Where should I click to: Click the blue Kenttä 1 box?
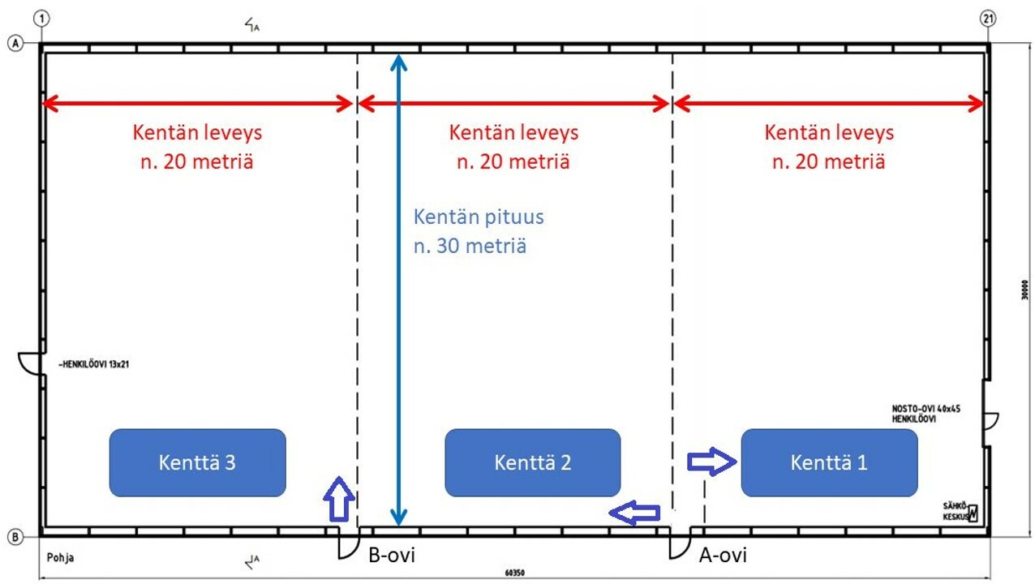coord(829,462)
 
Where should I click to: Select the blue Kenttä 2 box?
coord(533,462)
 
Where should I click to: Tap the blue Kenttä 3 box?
coord(197,462)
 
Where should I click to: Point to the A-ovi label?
coord(723,556)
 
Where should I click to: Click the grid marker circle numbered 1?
coord(42,18)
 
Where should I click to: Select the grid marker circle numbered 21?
coord(987,18)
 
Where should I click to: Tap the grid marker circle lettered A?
coord(15,44)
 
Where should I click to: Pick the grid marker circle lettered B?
coord(15,536)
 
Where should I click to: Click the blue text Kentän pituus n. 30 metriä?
coord(478,231)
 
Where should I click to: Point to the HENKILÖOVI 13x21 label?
coord(94,364)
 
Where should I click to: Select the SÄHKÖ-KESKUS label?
coord(956,509)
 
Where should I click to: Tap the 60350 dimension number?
coord(514,573)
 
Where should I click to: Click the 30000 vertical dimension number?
coord(1024,290)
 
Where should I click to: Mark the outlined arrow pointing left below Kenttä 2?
coord(635,512)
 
